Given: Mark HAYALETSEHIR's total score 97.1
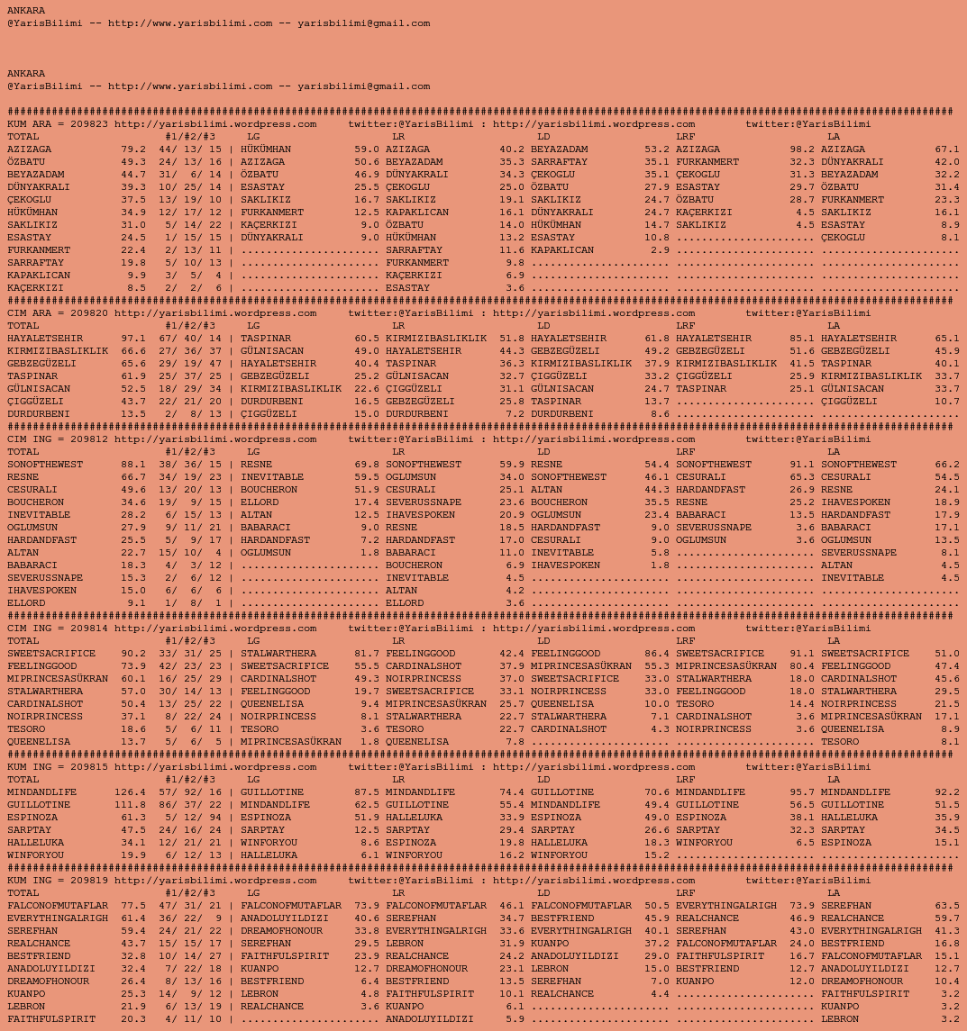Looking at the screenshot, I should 133,339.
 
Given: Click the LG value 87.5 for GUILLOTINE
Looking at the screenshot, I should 367,792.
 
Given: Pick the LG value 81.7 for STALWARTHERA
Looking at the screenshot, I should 367,654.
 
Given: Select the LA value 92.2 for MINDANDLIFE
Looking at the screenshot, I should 947,792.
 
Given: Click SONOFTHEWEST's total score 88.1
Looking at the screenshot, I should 133,465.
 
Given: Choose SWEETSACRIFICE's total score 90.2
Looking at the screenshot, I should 133,654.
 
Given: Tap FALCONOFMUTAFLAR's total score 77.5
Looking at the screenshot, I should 133,906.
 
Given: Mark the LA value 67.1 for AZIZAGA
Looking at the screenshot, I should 947,149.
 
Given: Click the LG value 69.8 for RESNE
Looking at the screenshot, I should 367,465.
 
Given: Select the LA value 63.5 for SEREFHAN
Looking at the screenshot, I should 947,906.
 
